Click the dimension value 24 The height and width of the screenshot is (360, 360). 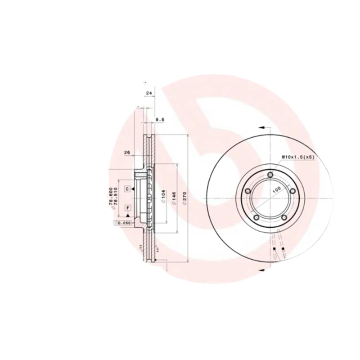pos(149,93)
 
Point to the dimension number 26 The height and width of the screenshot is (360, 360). pos(127,153)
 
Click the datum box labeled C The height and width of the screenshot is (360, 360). pos(128,189)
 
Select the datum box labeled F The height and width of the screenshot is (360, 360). pos(128,207)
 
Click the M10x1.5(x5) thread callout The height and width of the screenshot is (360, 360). pos(297,157)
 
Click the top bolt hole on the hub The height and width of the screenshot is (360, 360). pos(270,175)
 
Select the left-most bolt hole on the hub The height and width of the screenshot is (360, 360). pos(247,192)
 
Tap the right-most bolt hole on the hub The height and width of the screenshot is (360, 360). pos(292,192)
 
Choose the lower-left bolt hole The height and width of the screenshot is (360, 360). pos(256,218)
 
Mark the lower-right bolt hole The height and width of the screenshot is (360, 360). pos(284,218)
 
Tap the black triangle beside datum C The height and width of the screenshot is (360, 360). pos(135,189)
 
